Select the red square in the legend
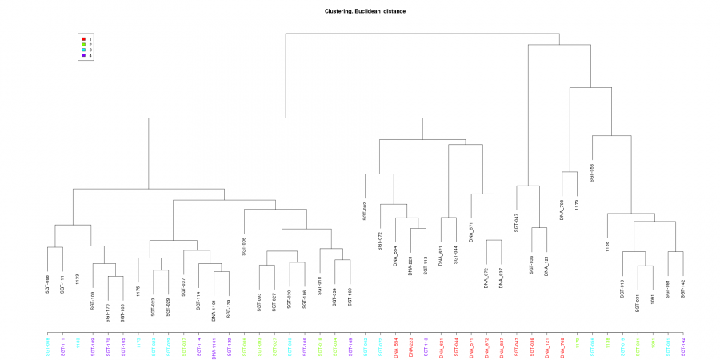click(x=83, y=38)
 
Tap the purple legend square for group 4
click(x=83, y=55)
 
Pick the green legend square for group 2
click(x=83, y=44)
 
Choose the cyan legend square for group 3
click(x=83, y=50)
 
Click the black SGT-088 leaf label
click(x=48, y=285)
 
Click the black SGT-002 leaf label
click(x=365, y=210)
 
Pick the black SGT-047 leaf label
click(x=517, y=222)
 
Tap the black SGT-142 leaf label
click(x=683, y=288)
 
